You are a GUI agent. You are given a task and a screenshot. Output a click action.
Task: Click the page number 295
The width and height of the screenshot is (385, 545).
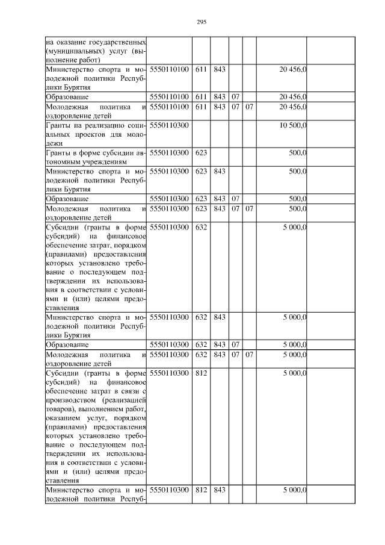click(202, 22)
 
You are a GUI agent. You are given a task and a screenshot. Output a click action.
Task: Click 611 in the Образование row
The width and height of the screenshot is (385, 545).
click(201, 97)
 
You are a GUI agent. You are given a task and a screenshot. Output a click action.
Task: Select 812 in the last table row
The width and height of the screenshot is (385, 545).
click(201, 490)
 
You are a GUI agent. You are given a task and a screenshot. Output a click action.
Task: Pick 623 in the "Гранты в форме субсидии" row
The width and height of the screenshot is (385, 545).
click(201, 153)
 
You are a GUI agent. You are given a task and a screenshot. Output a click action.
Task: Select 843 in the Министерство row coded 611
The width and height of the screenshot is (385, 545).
click(220, 70)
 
